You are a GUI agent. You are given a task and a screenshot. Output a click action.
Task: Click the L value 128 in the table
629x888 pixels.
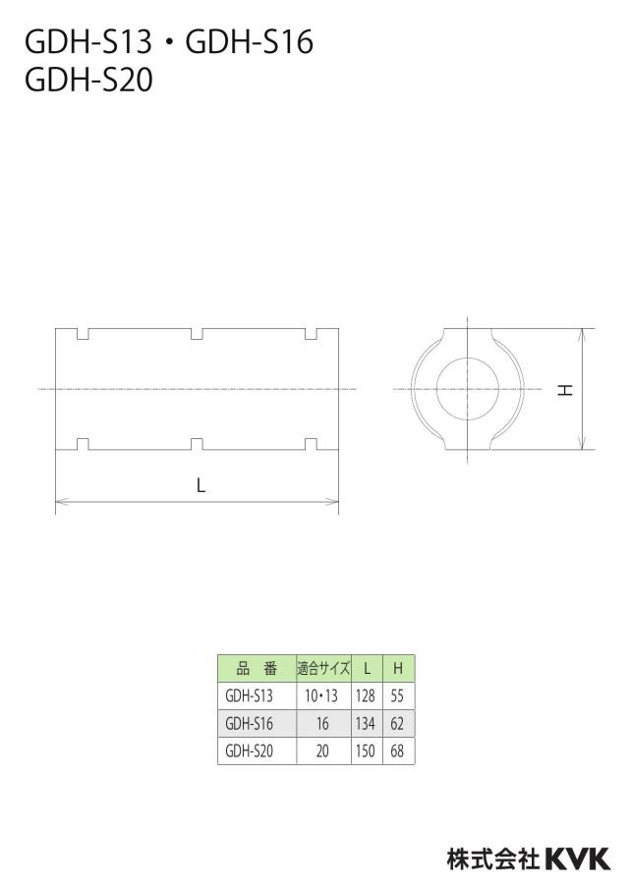pyautogui.click(x=366, y=695)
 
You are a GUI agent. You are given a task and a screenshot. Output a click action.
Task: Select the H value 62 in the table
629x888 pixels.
pyautogui.click(x=397, y=723)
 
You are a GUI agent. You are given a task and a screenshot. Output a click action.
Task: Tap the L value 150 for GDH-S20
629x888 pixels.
pyautogui.click(x=366, y=750)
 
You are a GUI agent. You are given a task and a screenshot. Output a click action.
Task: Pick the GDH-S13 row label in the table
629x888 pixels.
pyautogui.click(x=249, y=695)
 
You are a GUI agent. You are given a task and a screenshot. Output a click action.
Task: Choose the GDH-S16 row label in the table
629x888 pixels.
pyautogui.click(x=249, y=723)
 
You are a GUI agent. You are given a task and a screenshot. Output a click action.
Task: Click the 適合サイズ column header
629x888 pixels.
pyautogui.click(x=323, y=668)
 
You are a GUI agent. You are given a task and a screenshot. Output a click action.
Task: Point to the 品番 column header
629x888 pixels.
pyautogui.click(x=257, y=669)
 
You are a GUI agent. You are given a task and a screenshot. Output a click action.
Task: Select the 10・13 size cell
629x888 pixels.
pyautogui.click(x=321, y=695)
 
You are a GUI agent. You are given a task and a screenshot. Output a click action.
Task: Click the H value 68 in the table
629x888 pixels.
pyautogui.click(x=397, y=750)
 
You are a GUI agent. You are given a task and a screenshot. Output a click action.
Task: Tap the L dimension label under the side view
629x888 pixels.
pyautogui.click(x=200, y=485)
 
